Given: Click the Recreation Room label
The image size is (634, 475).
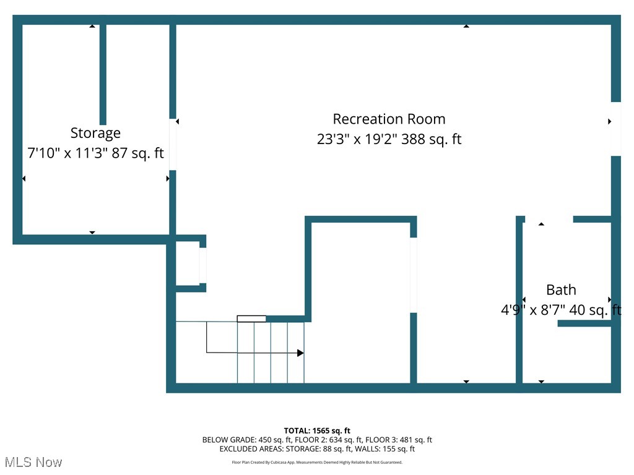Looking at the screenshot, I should (389, 119).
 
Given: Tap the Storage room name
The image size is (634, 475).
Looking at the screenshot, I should (95, 133).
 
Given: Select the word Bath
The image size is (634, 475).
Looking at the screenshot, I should (561, 289).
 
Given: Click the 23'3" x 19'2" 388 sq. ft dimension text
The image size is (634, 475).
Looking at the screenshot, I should (389, 139).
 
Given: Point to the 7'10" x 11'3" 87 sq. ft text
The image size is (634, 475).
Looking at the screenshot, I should (95, 153).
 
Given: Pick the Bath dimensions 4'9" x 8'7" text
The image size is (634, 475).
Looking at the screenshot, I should (560, 310).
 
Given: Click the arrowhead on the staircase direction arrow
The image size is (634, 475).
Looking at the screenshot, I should (300, 353).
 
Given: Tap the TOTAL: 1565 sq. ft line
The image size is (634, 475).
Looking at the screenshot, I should (317, 430).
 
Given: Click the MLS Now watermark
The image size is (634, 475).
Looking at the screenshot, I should (33, 462).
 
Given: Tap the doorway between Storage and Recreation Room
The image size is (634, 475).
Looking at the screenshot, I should (173, 144).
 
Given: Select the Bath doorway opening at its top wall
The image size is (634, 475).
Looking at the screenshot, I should (549, 219).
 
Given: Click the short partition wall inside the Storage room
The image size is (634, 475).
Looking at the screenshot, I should (103, 74).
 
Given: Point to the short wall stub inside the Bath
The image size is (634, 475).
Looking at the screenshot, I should (584, 323).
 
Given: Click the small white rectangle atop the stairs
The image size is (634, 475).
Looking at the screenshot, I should (251, 319).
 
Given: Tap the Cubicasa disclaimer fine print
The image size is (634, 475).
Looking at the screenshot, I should (317, 462).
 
